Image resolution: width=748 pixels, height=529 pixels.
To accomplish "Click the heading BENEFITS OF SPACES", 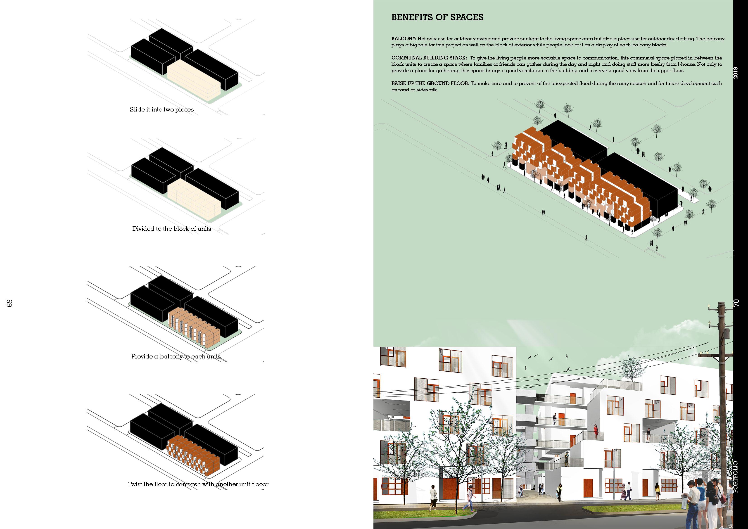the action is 437,18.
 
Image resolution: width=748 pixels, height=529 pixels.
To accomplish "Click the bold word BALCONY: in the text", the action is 404,39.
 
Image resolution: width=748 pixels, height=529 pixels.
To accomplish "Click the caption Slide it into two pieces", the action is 161,109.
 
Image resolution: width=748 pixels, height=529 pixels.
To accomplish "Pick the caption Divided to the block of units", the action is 171,229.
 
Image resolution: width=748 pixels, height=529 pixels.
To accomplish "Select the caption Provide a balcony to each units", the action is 176,356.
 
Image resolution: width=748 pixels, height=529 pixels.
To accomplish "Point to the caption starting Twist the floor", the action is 198,484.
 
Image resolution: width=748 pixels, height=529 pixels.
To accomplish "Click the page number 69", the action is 9,303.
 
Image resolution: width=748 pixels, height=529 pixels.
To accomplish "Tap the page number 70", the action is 736,303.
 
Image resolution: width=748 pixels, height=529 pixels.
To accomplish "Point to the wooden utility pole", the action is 721,407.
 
